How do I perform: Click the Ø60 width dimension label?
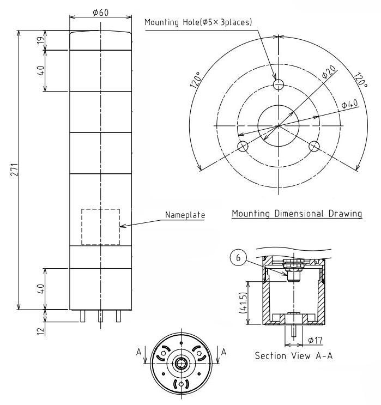tap(100, 12)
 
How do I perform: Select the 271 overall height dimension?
tap(14, 170)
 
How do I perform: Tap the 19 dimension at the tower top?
tap(40, 40)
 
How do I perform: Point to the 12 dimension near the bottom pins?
tap(40, 331)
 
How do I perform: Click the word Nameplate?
tap(185, 215)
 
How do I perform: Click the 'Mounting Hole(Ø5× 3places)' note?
tap(198, 22)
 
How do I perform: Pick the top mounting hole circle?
tap(279, 84)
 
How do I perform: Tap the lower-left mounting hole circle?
tap(243, 147)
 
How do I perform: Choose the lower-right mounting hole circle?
tap(314, 146)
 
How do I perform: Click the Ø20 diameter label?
tap(329, 72)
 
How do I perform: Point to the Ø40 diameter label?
tap(350, 104)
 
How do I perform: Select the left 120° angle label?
tap(196, 80)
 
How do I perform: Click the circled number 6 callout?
tap(238, 257)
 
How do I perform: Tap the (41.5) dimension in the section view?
tap(243, 303)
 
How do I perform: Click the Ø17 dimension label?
tap(315, 340)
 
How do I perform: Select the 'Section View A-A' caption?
tap(294, 355)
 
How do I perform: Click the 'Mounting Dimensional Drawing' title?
tap(297, 214)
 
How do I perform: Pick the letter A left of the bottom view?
tap(139, 352)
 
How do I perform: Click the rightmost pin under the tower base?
tap(118, 316)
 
